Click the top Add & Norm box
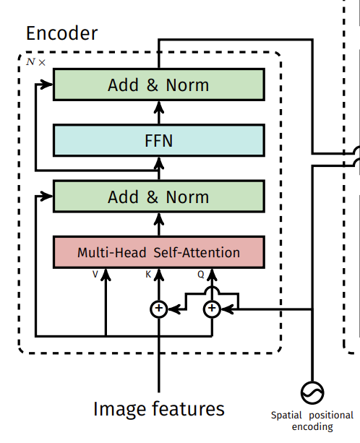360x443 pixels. [159, 85]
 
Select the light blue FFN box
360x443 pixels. [159, 140]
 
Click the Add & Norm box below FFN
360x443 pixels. [159, 196]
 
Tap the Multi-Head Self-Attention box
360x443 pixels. [159, 252]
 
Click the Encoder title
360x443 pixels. [61, 33]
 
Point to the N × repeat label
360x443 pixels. [35, 62]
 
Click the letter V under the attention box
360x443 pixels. [95, 274]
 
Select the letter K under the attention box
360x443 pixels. [148, 274]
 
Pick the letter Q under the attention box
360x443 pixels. [201, 275]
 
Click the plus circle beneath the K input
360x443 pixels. [159, 309]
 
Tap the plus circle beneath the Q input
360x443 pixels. [212, 309]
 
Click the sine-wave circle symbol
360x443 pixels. [312, 392]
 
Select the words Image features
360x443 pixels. [159, 409]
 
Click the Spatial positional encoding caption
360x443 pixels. [312, 421]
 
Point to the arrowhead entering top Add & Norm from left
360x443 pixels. [47, 85]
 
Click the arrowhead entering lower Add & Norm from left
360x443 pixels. [47, 196]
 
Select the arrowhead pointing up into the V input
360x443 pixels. [106, 275]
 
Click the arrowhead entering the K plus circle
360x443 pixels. [174, 309]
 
